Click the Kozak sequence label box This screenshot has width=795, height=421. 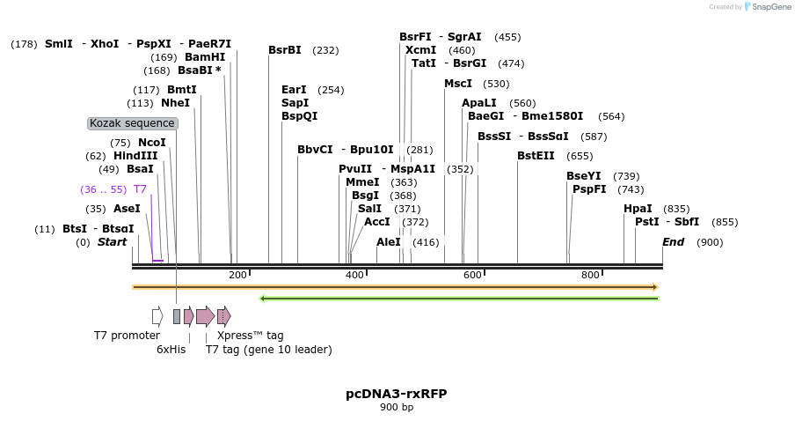(x=133, y=123)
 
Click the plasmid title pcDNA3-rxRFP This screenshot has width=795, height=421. (x=396, y=394)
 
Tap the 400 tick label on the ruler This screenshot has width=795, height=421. (x=354, y=276)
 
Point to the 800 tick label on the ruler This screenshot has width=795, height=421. (x=590, y=276)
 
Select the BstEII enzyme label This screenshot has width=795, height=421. (x=536, y=156)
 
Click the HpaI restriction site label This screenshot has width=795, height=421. (x=638, y=209)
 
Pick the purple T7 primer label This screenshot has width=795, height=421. (x=140, y=189)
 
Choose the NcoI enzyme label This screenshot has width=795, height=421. (x=151, y=143)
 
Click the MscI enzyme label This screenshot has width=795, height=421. (x=458, y=84)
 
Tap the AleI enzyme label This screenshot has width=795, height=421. (x=389, y=242)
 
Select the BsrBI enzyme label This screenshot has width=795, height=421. (x=285, y=50)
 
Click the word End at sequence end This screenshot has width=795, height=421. (x=673, y=242)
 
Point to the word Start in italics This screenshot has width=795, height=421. (x=112, y=242)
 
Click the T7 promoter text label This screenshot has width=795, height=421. (x=127, y=336)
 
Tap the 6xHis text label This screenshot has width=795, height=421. (x=171, y=350)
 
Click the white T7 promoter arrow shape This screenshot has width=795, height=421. (x=157, y=316)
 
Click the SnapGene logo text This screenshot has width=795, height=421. (x=767, y=7)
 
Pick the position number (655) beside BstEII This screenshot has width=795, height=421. (x=580, y=156)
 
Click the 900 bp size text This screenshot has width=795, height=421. (x=396, y=407)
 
